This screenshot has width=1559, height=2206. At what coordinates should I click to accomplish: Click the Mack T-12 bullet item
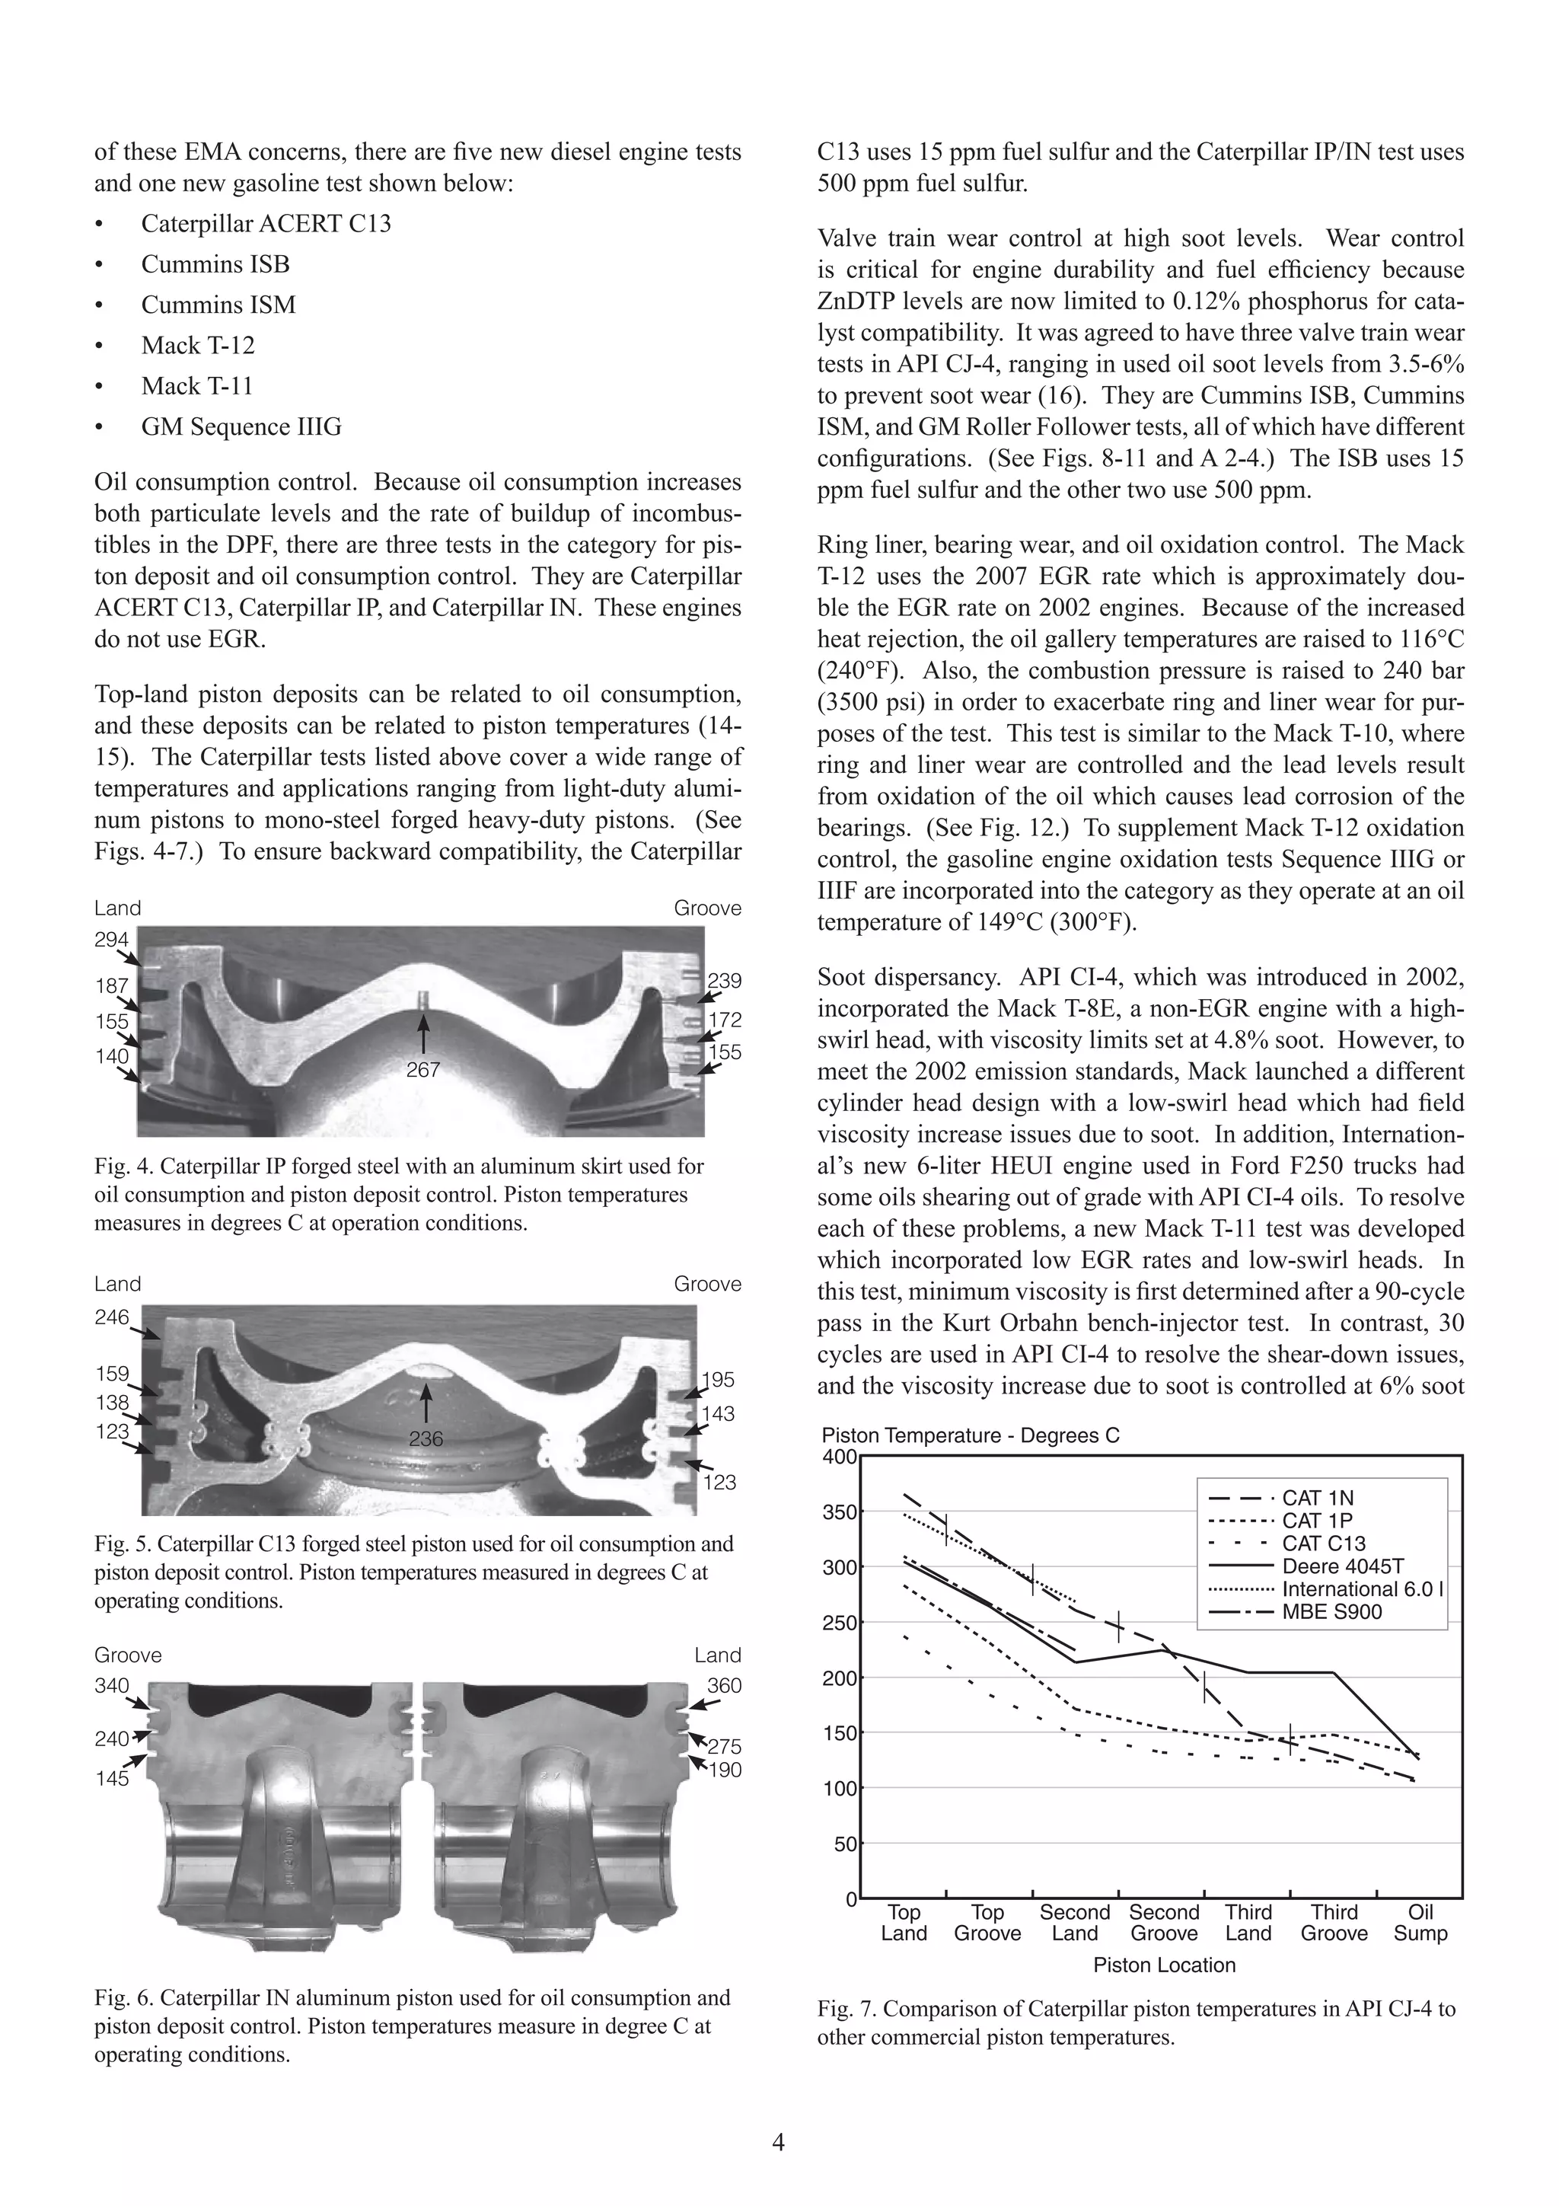[x=197, y=345]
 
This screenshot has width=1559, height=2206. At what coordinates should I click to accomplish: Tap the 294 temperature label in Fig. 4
[x=110, y=940]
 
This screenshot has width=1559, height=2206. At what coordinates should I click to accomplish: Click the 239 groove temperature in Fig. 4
[x=724, y=981]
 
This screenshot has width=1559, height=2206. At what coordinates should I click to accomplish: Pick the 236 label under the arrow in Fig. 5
[x=426, y=1438]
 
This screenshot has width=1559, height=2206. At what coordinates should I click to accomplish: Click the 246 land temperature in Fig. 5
[x=111, y=1317]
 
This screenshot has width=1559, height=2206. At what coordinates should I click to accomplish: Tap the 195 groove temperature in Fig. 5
[x=718, y=1380]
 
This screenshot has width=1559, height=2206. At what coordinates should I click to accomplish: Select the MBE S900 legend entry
[x=1331, y=1612]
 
